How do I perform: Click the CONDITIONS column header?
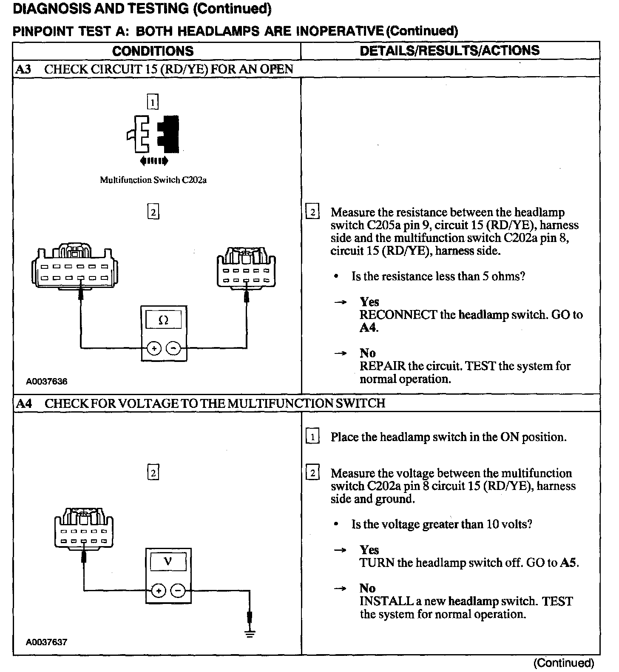(153, 51)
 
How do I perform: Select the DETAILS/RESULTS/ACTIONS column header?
(450, 51)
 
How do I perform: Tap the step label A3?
(23, 69)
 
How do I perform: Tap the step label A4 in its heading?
(24, 403)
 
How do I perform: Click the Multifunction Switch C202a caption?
(153, 180)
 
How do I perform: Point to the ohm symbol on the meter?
(163, 320)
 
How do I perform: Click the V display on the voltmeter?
(168, 562)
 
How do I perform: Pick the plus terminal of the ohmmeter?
(153, 348)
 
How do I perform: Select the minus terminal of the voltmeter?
(178, 590)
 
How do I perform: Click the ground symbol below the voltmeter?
(250, 634)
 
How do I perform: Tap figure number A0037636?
(46, 382)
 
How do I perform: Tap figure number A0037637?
(46, 642)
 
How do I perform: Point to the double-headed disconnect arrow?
(154, 161)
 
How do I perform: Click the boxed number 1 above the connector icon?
(153, 102)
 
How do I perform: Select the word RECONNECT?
(398, 315)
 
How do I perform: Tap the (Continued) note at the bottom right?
(564, 663)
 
